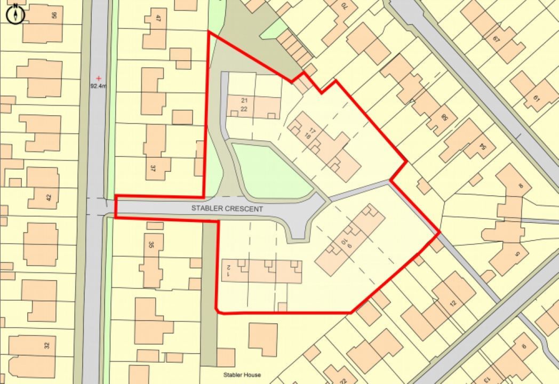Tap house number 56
pos(54,15)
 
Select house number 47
pos(158,18)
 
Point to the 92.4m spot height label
pos(99,85)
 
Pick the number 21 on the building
pos(244,100)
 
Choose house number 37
pos(153,168)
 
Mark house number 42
pos(49,197)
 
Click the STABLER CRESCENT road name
pos(227,209)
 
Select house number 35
pos(151,245)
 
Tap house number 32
pos(47,345)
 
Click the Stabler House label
pos(242,375)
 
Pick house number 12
pos(453,303)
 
